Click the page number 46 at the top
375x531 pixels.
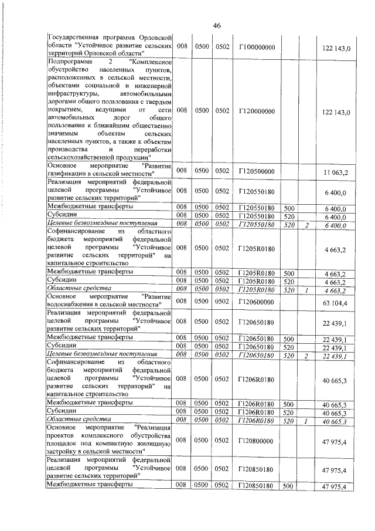click(x=217, y=25)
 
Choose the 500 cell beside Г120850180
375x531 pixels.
click(x=288, y=487)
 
